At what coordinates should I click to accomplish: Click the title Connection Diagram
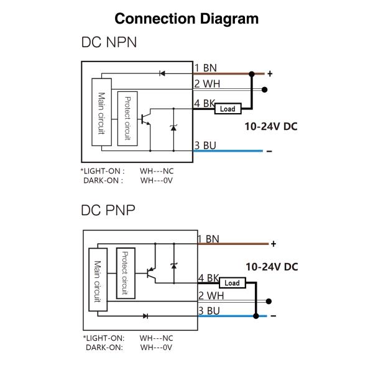point(186,18)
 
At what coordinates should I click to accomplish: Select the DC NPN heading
point(109,43)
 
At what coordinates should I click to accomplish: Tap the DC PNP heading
point(108,210)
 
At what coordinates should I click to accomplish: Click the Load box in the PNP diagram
point(231,283)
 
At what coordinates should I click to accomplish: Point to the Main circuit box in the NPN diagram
point(101,112)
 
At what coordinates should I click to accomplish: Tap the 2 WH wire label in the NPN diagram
point(206,84)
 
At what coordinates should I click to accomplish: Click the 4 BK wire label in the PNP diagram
point(209,278)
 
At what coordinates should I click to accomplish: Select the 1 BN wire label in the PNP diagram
point(208,239)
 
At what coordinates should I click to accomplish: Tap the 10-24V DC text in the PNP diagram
point(272,266)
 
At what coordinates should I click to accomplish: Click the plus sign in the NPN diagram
point(270,73)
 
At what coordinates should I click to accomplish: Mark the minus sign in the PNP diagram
point(272,315)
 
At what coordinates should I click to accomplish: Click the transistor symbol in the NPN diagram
point(147,118)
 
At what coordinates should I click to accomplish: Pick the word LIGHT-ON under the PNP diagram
point(105,338)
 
